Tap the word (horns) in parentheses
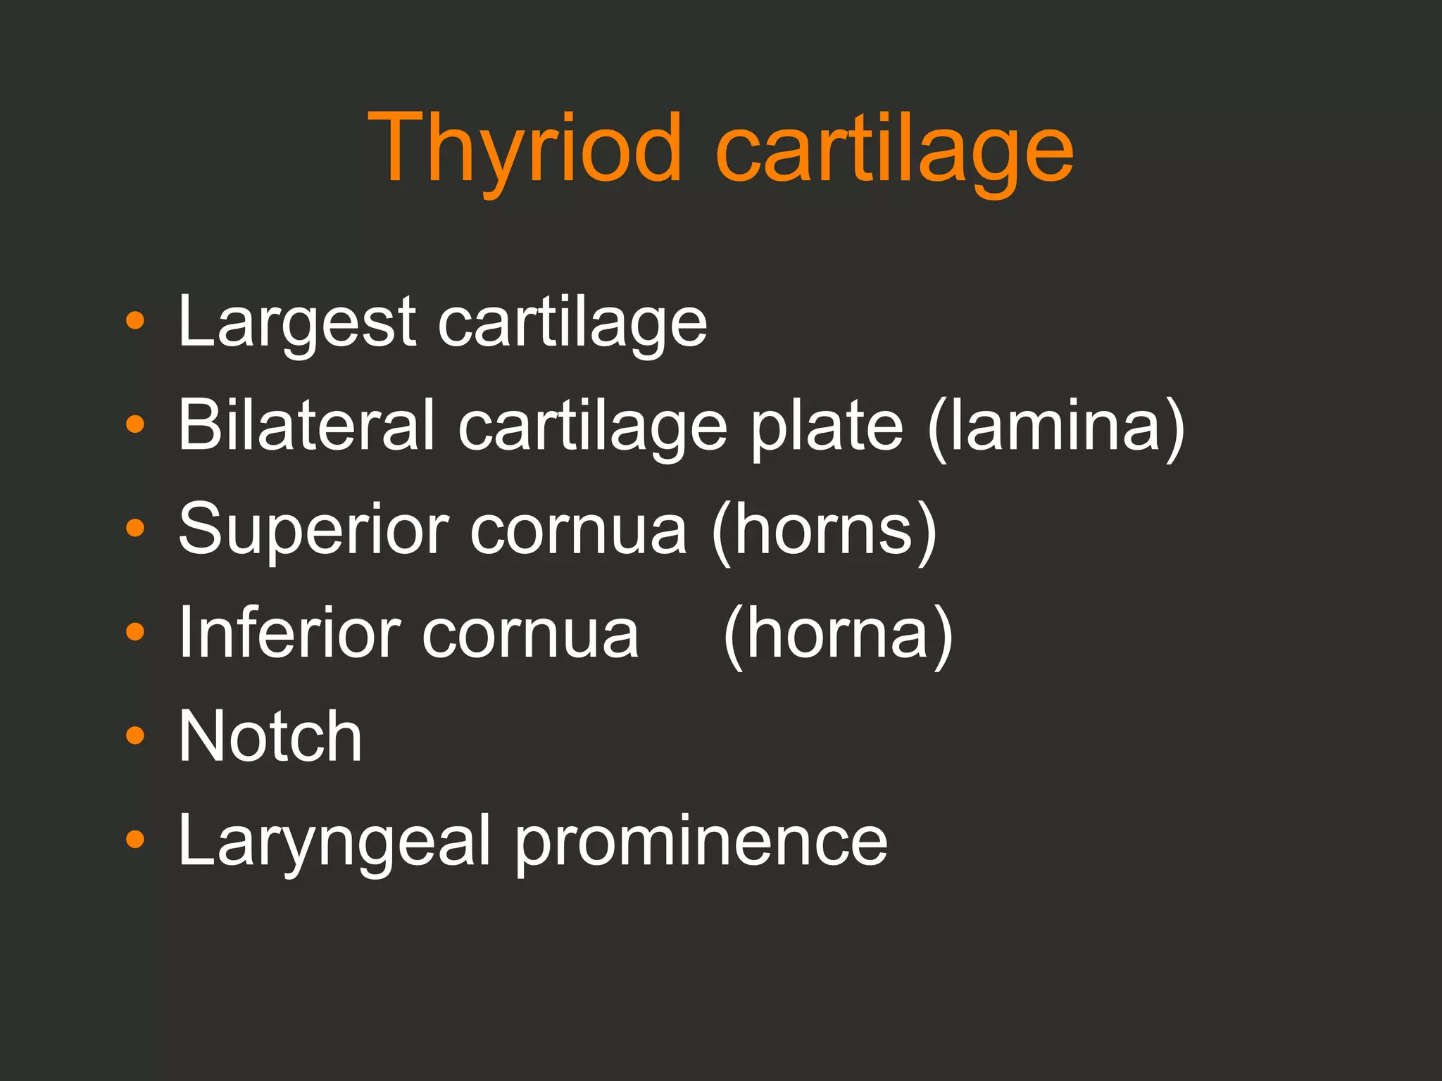(825, 530)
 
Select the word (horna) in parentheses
(838, 633)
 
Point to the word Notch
(270, 736)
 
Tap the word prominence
(701, 840)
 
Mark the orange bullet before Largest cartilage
(134, 321)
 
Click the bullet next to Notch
(134, 735)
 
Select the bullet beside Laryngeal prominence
(134, 839)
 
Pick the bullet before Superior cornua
(134, 528)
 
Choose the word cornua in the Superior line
(579, 530)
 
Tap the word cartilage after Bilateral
(592, 426)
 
